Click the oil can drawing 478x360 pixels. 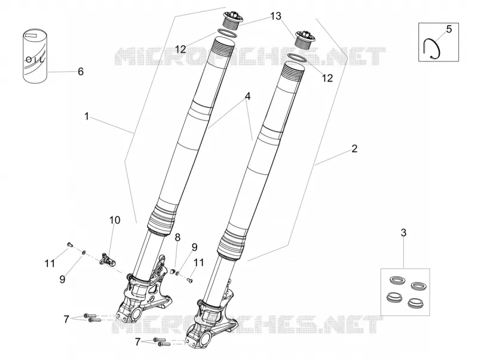tap(35, 56)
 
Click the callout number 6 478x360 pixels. tap(81, 72)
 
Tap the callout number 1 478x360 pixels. tap(87, 116)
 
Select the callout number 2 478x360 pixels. tap(354, 149)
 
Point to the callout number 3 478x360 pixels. tap(403, 233)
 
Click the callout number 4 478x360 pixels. tap(247, 97)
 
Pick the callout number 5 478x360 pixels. tap(449, 29)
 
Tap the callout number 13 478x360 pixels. tap(275, 16)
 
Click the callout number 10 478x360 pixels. tap(115, 220)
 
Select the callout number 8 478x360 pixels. tap(177, 237)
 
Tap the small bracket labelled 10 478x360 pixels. tap(108, 259)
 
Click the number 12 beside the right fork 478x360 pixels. tap(327, 78)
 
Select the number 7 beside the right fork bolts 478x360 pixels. tap(137, 342)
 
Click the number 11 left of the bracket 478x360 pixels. tap(50, 263)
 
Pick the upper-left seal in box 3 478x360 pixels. tap(396, 279)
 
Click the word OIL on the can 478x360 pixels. tap(35, 59)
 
